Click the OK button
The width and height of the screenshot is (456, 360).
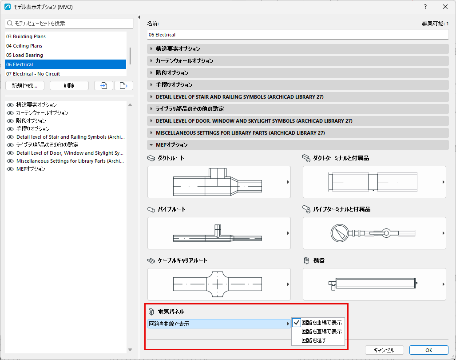point(428,350)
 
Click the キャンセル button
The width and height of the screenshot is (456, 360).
point(384,350)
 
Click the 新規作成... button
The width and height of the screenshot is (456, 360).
point(25,86)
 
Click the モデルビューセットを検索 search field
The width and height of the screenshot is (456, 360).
point(69,23)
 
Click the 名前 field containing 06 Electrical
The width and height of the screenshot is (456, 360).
point(298,35)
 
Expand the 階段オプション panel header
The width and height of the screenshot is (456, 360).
point(298,73)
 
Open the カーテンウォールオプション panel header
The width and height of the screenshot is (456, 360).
point(298,61)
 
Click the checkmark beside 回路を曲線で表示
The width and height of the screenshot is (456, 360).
point(297,323)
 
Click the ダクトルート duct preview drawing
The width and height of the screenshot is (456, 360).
point(218,182)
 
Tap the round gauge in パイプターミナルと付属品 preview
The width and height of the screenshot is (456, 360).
point(340,233)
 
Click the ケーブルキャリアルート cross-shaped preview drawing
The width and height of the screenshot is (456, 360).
point(218,284)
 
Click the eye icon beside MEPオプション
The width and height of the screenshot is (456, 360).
point(10,169)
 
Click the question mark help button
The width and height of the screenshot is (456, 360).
point(425,7)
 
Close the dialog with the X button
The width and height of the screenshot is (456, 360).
point(445,7)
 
